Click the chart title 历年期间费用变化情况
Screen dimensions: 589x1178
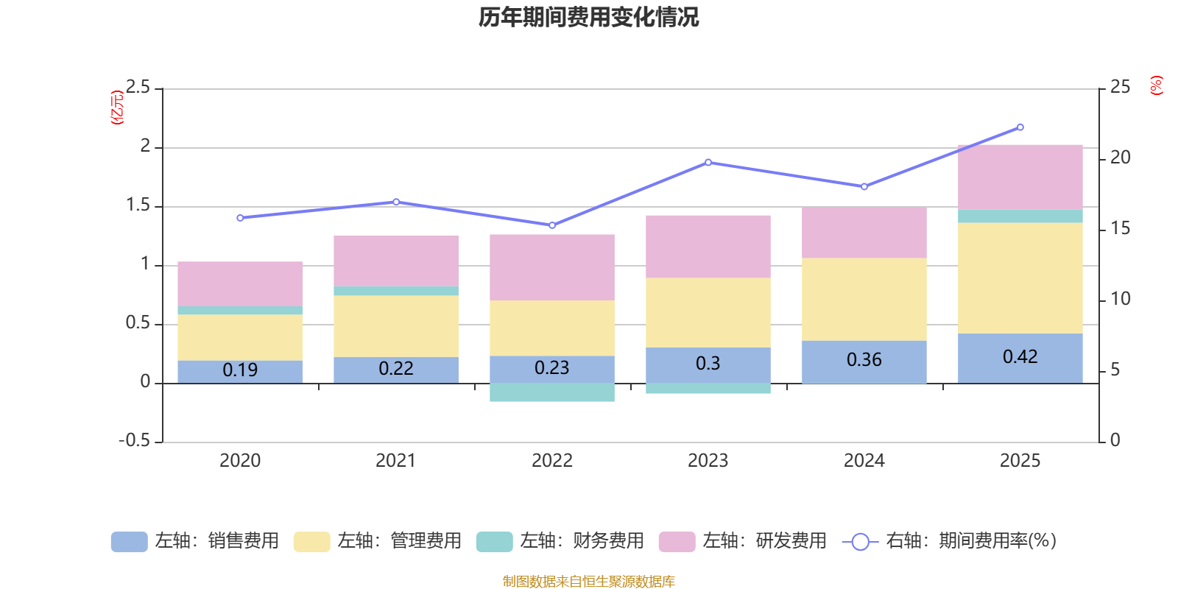[x=588, y=17]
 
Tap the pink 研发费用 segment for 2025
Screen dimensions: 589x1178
[x=1020, y=177]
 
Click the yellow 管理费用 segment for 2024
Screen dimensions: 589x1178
[x=864, y=299]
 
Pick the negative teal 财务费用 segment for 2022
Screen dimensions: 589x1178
[x=551, y=392]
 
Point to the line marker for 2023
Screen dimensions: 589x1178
[x=708, y=162]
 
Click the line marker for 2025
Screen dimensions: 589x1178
[x=1020, y=127]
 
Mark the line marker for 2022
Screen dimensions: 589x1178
[x=552, y=225]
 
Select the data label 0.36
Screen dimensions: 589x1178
[x=864, y=360]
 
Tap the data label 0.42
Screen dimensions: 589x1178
[x=1020, y=357]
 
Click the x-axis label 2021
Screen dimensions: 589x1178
[x=396, y=461]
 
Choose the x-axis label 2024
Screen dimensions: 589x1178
[x=864, y=461]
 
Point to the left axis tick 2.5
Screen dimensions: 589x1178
[x=138, y=88]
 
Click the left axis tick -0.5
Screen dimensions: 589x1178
[x=135, y=440]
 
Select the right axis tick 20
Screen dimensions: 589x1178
[x=1120, y=158]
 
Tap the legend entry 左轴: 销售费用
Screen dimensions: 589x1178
[x=195, y=541]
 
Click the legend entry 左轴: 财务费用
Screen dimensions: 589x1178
[x=560, y=541]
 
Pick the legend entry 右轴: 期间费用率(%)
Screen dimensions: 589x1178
[x=950, y=541]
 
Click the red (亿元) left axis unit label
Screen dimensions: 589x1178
[x=116, y=107]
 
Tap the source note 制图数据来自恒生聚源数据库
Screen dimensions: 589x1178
[x=588, y=582]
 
